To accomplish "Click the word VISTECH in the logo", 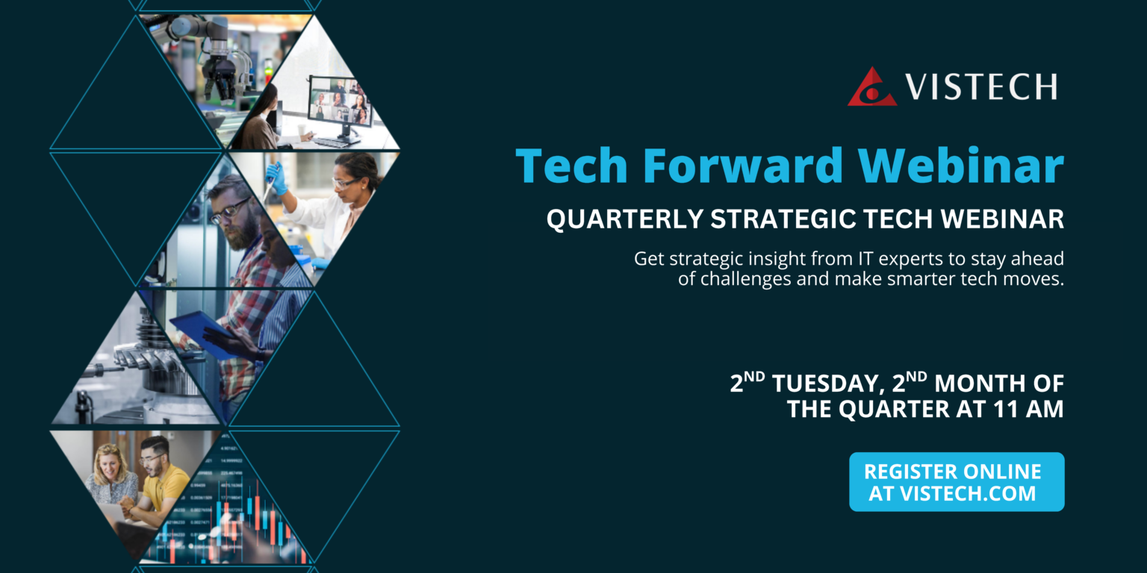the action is click(x=982, y=87).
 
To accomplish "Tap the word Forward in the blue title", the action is click(x=743, y=165).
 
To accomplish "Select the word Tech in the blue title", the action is click(x=572, y=165).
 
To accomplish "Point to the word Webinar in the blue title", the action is click(x=961, y=165).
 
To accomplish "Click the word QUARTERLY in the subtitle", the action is click(x=625, y=219).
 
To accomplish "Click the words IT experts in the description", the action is click(x=901, y=259).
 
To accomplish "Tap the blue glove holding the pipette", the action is click(x=277, y=178).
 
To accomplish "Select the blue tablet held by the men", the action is click(x=204, y=334).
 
